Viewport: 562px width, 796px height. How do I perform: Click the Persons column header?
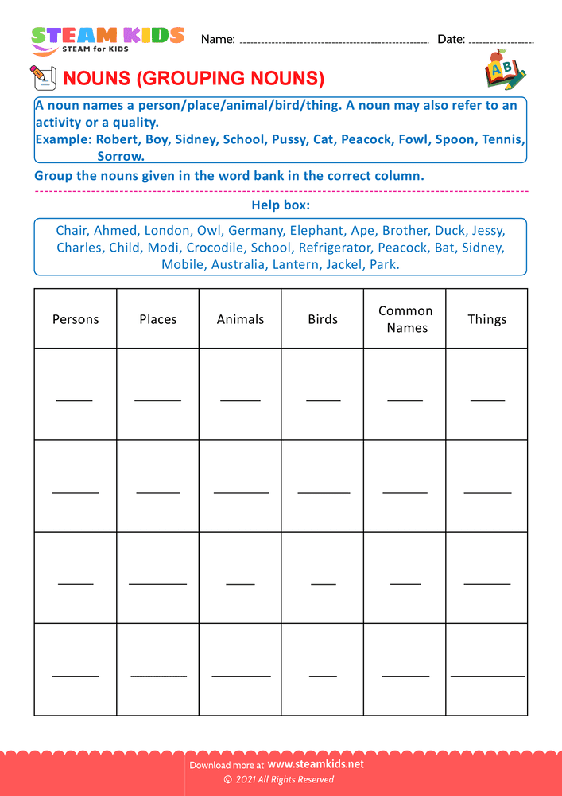[x=76, y=319]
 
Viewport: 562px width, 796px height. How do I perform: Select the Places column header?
[x=158, y=319]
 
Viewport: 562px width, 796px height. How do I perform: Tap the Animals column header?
[x=240, y=319]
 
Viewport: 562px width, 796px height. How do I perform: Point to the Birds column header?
[x=323, y=319]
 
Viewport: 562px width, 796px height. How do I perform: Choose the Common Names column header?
[x=405, y=319]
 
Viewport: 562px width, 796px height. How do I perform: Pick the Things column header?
[x=486, y=319]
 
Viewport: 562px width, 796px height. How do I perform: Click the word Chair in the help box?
[x=71, y=231]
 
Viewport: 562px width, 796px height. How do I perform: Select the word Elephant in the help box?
[x=316, y=231]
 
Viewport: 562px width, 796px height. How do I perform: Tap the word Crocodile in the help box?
[x=215, y=248]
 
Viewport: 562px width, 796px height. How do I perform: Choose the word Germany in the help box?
[x=255, y=231]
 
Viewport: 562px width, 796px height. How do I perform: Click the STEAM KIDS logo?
[x=107, y=39]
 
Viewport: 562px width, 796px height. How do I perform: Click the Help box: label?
[x=281, y=205]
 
